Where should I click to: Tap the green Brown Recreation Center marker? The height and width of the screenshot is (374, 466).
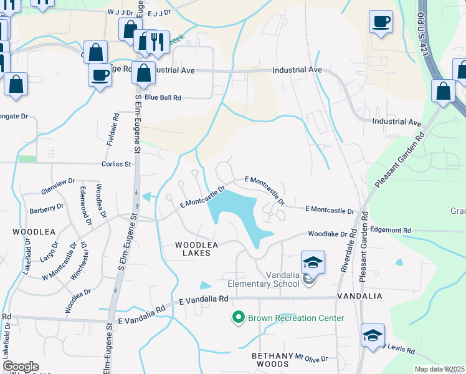click(x=237, y=318)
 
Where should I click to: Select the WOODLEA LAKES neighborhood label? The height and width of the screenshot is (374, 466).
click(x=197, y=249)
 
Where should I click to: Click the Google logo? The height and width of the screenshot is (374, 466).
click(x=21, y=366)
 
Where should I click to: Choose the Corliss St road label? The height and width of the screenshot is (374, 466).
click(x=117, y=164)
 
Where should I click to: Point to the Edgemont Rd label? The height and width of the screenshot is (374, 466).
click(x=391, y=230)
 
